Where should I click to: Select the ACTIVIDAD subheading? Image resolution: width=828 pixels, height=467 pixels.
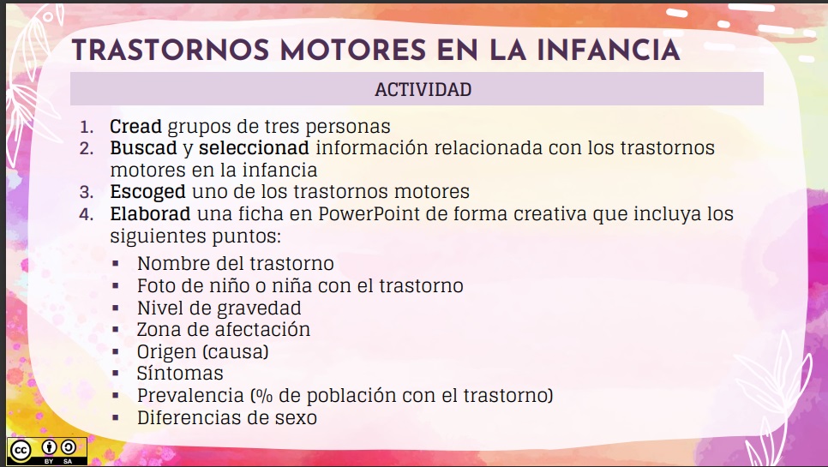[423, 89]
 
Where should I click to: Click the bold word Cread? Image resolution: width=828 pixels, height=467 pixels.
[135, 127]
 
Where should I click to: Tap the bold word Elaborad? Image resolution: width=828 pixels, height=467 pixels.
[150, 213]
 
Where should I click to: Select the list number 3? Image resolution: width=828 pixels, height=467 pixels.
[86, 192]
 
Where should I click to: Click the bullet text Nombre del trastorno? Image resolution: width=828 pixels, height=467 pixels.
[236, 263]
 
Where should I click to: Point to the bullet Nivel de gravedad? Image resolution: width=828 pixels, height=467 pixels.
[219, 308]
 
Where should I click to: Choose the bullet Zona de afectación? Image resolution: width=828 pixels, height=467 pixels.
[224, 329]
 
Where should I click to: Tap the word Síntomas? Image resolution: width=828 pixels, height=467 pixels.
[180, 374]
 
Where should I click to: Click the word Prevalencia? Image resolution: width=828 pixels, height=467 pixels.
[189, 396]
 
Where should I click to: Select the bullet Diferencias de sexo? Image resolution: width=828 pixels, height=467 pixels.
[227, 418]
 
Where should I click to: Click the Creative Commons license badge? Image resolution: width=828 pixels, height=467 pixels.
[47, 451]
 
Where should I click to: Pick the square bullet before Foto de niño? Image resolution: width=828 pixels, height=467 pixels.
[116, 285]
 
